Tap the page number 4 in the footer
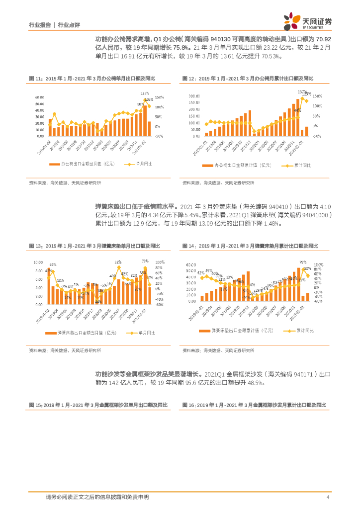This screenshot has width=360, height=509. tap(328, 497)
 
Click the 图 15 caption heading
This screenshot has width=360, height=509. tap(95, 406)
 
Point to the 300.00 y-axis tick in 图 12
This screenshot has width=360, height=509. tap(194, 96)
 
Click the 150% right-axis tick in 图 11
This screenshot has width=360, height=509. tap(160, 97)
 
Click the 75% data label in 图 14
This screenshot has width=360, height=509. tap(302, 262)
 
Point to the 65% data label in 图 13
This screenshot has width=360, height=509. tap(53, 264)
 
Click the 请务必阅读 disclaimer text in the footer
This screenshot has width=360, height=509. tap(97, 497)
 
